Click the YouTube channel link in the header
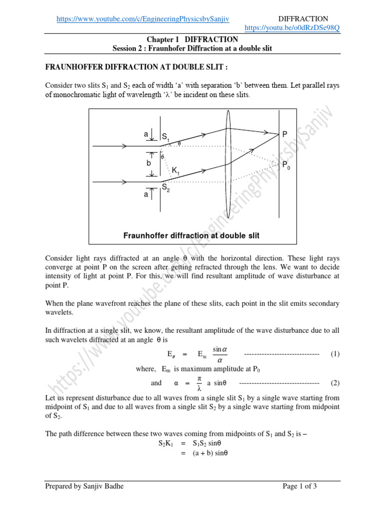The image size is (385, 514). click(143, 19)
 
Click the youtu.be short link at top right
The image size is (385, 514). click(292, 28)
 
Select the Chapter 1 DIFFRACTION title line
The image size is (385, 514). click(192, 39)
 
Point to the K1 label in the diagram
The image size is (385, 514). click(176, 171)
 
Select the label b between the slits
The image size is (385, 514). click(148, 164)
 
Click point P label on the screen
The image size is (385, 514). click(285, 134)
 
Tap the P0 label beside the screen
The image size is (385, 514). click(286, 165)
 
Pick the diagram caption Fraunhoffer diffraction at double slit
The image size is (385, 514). click(191, 235)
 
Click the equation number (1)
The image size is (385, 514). click(335, 354)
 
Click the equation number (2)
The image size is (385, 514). click(335, 382)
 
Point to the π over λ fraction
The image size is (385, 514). click(199, 382)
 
